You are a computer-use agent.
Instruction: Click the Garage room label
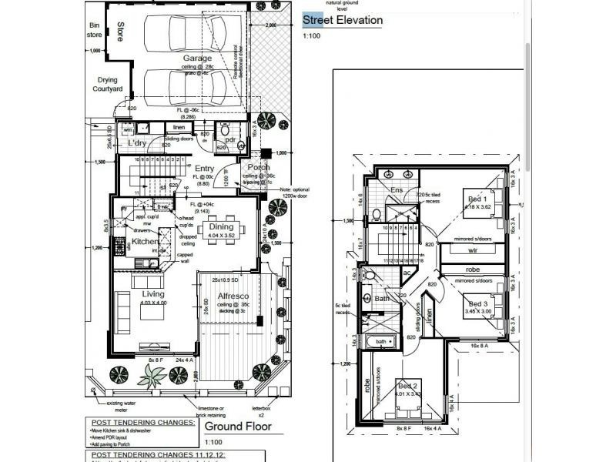pyautogui.click(x=197, y=59)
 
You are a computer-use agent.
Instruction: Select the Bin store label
pyautogui.click(x=95, y=30)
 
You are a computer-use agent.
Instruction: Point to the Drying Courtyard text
pyautogui.click(x=109, y=84)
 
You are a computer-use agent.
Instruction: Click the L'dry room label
pyautogui.click(x=137, y=143)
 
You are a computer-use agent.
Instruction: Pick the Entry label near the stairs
pyautogui.click(x=204, y=169)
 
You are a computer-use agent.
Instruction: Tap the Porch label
pyautogui.click(x=256, y=167)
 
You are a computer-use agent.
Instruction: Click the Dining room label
pyautogui.click(x=221, y=227)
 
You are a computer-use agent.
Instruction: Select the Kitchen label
pyautogui.click(x=144, y=242)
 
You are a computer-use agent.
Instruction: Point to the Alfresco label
pyautogui.click(x=230, y=295)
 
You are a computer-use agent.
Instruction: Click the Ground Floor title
pyautogui.click(x=236, y=426)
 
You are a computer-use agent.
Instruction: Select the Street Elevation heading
pyautogui.click(x=342, y=21)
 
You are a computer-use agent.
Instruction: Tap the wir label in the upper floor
pyautogui.click(x=474, y=250)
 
